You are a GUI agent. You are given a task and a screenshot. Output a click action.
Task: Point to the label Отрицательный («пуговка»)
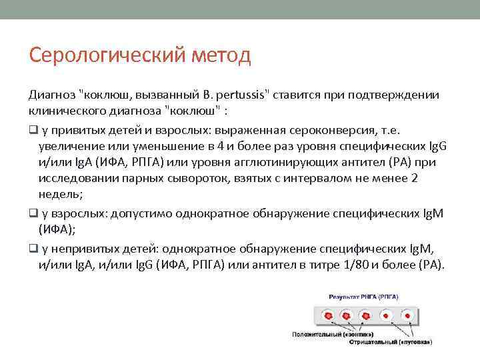point(393,342)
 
